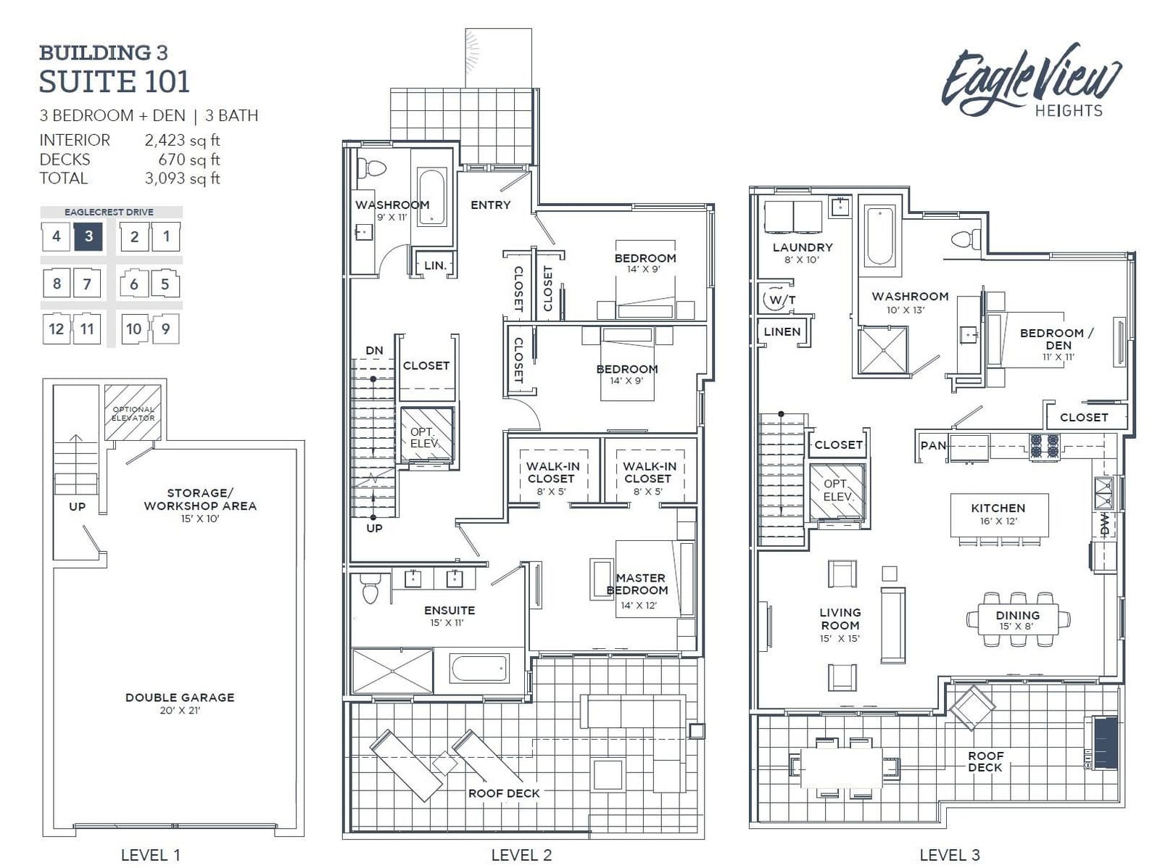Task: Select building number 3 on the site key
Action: point(88,236)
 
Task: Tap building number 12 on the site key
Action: point(56,328)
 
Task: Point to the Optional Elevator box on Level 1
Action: point(133,413)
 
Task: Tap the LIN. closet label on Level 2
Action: point(436,265)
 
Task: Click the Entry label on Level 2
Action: point(490,205)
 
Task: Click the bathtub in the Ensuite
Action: point(480,669)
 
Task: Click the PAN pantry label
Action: point(933,446)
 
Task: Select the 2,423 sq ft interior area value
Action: point(182,141)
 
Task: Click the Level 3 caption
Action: point(950,855)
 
